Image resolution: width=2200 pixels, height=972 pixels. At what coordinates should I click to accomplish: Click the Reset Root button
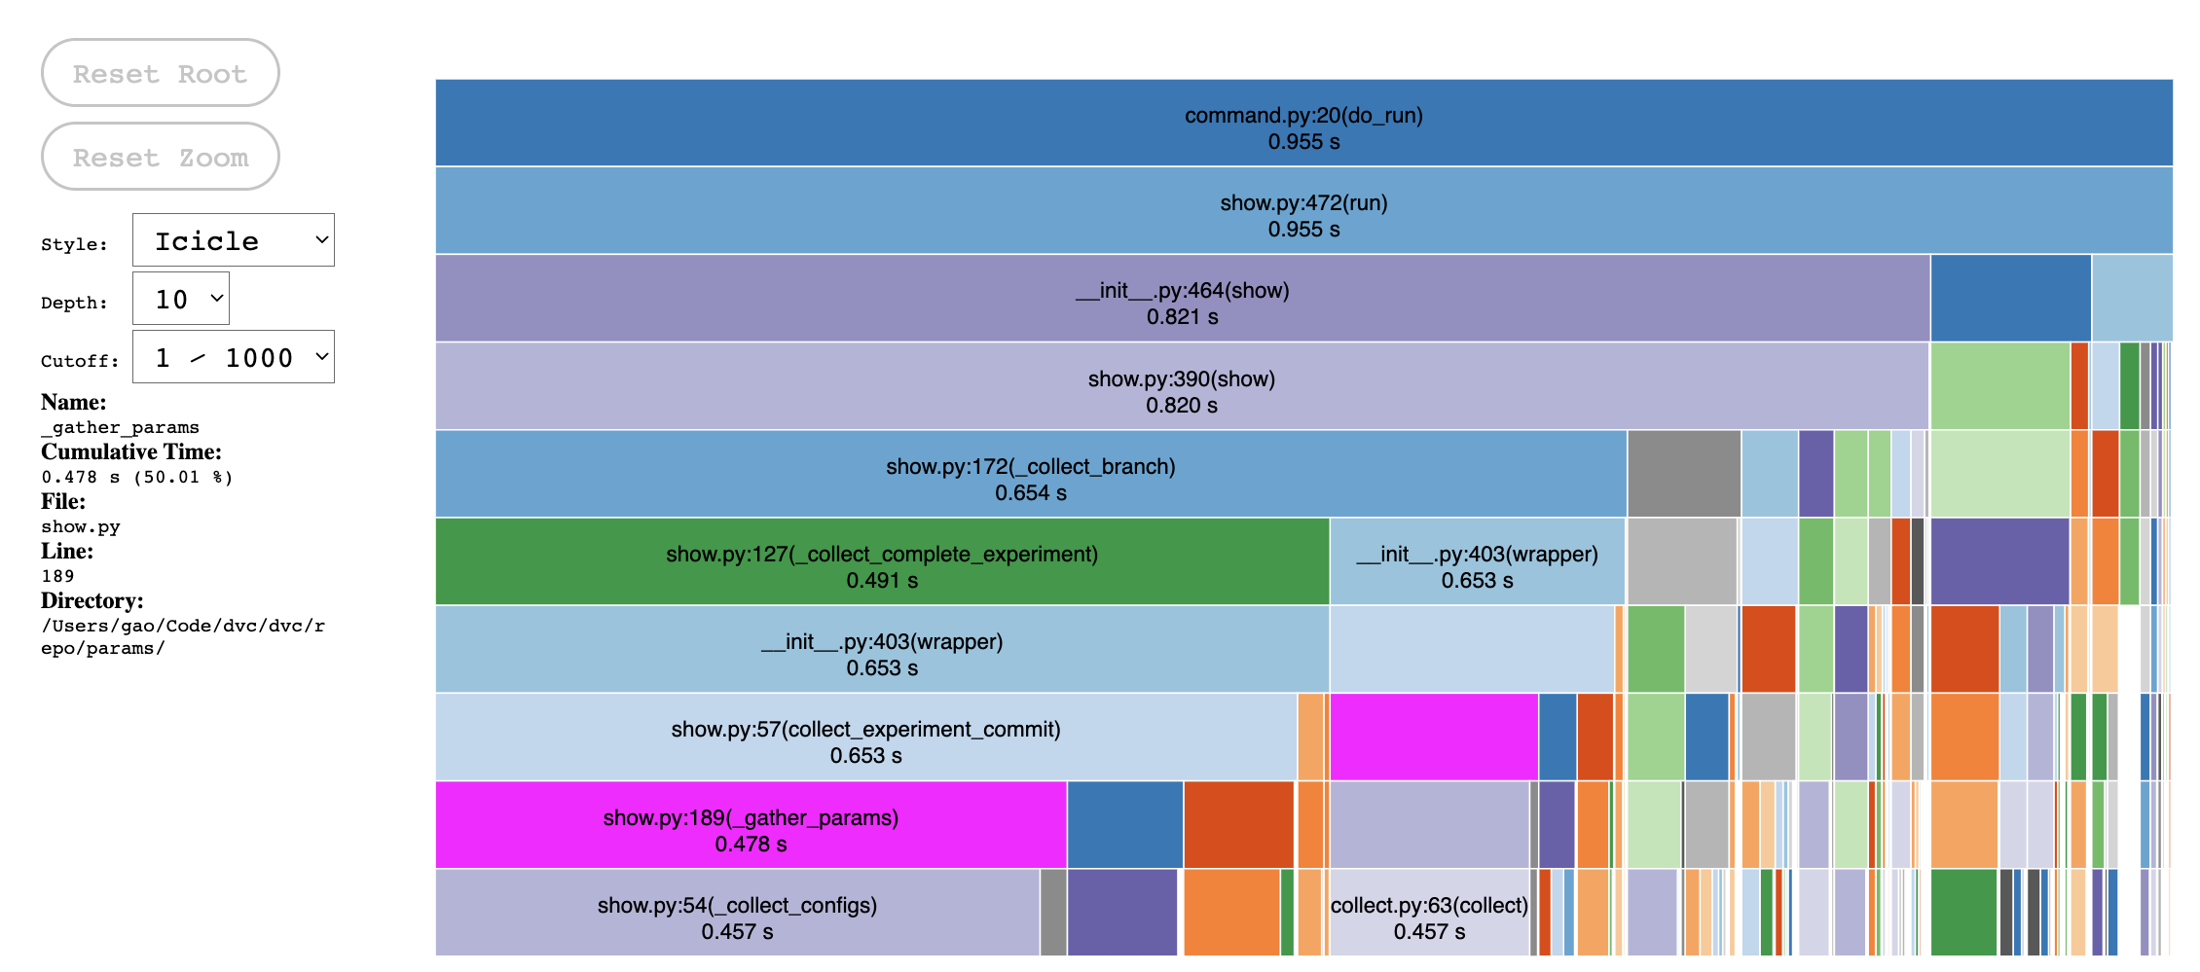pos(161,74)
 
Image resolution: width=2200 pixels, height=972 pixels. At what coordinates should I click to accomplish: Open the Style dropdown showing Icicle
pos(234,240)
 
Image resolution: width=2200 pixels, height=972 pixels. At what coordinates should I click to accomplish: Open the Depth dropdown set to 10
pos(181,299)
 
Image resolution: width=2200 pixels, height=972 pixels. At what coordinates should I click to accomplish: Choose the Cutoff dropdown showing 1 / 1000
pos(234,357)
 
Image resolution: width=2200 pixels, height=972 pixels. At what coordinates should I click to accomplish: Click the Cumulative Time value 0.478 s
pos(136,477)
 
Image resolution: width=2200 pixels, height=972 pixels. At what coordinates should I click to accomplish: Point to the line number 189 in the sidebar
pos(57,576)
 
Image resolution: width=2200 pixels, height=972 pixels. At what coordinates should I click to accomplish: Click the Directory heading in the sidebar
pos(92,600)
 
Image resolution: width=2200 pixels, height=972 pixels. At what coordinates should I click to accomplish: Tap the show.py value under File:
pos(81,526)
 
